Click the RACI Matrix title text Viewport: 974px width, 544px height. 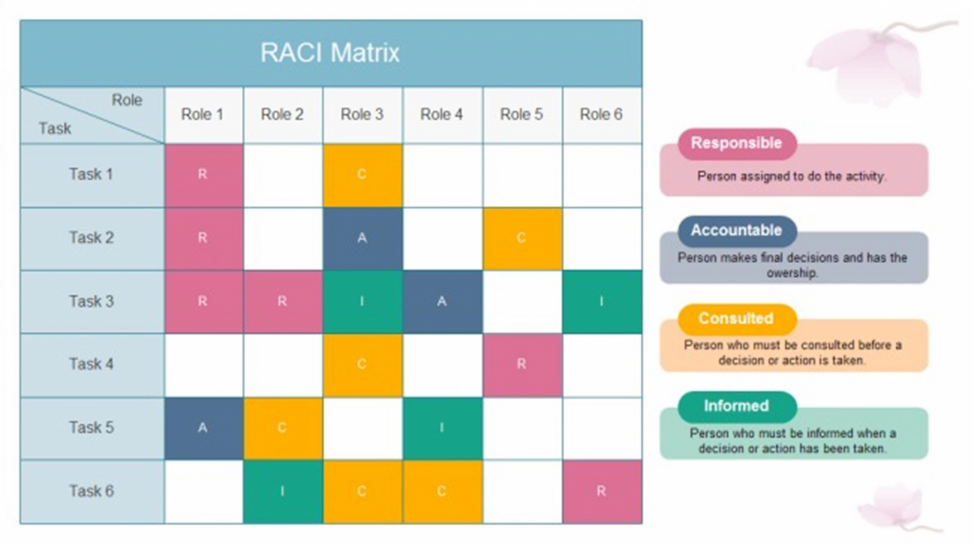pyautogui.click(x=330, y=52)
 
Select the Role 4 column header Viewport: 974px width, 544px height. pyautogui.click(x=441, y=115)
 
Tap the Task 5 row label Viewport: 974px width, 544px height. pyautogui.click(x=92, y=427)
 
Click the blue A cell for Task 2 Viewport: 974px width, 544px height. pyautogui.click(x=362, y=238)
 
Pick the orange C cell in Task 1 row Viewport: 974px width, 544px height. pyautogui.click(x=362, y=175)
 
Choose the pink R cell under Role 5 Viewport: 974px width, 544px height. pyautogui.click(x=522, y=365)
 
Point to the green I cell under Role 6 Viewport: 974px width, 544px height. pyautogui.click(x=602, y=301)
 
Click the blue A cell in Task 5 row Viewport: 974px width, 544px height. pyautogui.click(x=203, y=428)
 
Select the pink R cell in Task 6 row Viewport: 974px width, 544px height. pyautogui.click(x=602, y=491)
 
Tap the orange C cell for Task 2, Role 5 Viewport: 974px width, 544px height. pyautogui.click(x=522, y=238)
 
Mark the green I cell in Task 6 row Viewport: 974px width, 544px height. pyautogui.click(x=282, y=491)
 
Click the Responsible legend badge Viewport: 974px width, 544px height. pyautogui.click(x=737, y=143)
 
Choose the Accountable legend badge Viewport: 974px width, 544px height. pyautogui.click(x=737, y=231)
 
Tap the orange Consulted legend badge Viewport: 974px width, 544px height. pyautogui.click(x=737, y=318)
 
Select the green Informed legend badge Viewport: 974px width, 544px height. pyautogui.click(x=737, y=406)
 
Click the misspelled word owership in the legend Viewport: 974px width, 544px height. pyautogui.click(x=792, y=273)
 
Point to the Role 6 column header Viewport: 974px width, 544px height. pyautogui.click(x=601, y=115)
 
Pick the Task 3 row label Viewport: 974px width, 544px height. pyautogui.click(x=92, y=301)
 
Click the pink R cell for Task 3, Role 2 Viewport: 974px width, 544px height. pyautogui.click(x=282, y=301)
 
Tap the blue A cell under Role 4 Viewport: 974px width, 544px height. pyautogui.click(x=442, y=301)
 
